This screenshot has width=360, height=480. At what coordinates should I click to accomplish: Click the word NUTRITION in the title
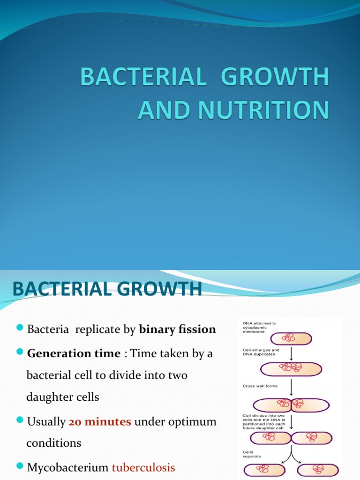[266, 110]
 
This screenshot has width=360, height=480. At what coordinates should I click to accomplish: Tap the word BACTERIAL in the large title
[144, 77]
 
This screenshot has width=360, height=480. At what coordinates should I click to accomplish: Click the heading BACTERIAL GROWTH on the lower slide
[107, 289]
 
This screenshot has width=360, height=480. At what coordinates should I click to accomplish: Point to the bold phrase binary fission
[177, 329]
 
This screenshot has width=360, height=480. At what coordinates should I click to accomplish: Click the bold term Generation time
[74, 353]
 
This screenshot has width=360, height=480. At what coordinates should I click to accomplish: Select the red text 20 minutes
[100, 421]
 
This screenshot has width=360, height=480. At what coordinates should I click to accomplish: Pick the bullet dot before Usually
[20, 420]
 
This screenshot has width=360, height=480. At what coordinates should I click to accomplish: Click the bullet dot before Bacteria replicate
[20, 328]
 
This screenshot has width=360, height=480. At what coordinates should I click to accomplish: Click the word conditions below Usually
[54, 442]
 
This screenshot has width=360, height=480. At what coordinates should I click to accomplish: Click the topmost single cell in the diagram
[291, 338]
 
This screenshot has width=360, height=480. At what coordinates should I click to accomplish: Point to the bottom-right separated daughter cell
[318, 470]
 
